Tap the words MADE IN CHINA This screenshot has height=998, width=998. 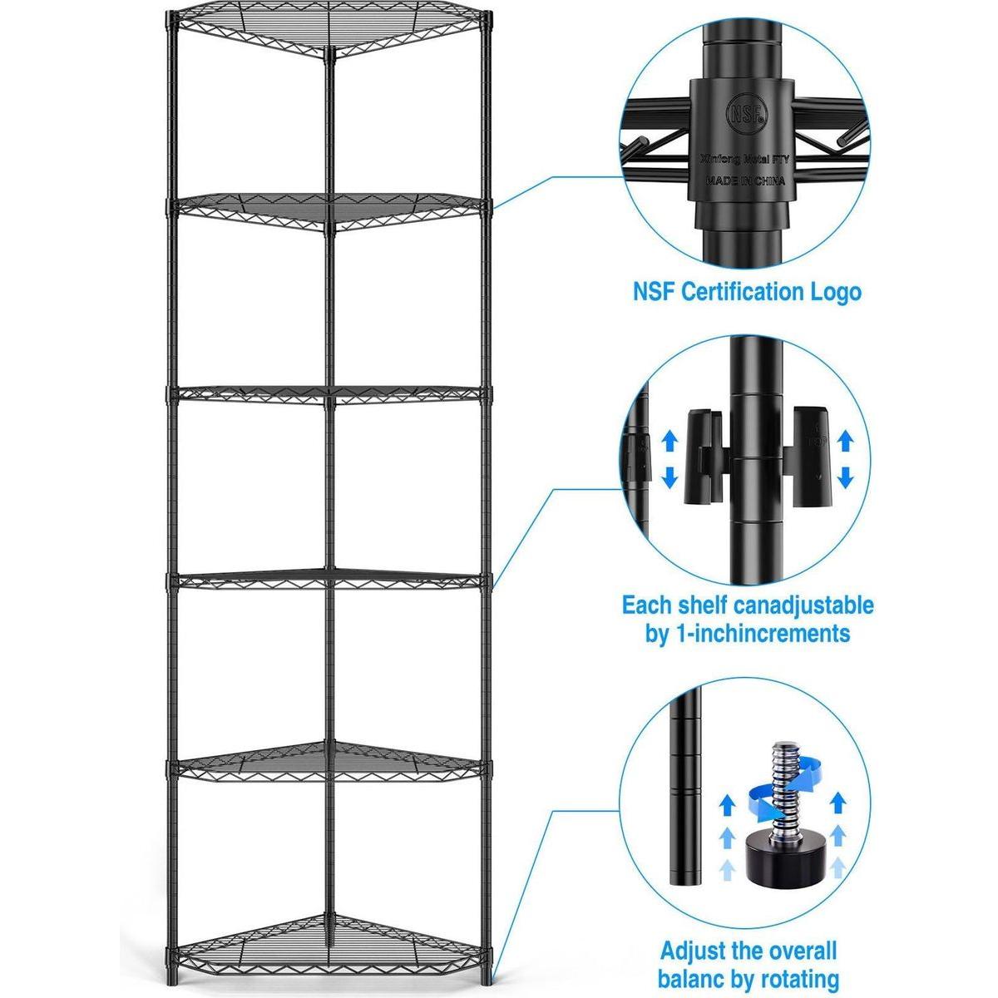tap(743, 180)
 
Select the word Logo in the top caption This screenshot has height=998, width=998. tap(834, 292)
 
